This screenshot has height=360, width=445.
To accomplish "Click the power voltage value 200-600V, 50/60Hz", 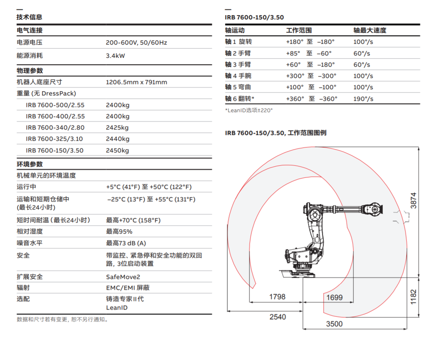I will click(136, 43).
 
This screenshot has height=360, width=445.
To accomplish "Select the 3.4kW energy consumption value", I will click(115, 56).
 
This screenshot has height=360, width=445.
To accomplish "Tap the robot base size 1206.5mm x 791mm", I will click(136, 82).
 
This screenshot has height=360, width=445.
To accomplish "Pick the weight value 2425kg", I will click(118, 128).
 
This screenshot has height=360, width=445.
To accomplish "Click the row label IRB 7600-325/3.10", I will click(54, 139).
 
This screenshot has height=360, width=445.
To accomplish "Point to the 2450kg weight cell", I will click(118, 151).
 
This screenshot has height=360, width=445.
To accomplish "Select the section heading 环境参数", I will click(29, 164).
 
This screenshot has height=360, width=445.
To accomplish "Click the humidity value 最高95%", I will click(119, 232).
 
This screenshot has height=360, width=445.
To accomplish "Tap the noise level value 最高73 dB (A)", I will click(126, 243).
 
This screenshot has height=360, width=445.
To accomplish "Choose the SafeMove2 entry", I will click(123, 277).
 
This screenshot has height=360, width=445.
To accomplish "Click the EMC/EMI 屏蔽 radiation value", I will click(128, 288).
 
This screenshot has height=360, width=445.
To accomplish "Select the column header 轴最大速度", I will click(370, 30).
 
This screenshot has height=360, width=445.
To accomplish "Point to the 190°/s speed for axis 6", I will click(363, 99).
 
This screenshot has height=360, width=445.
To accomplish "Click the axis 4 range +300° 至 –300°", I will click(311, 76).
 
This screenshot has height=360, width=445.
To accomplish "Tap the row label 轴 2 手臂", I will click(238, 53).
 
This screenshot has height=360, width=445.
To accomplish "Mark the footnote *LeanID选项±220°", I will click(249, 111).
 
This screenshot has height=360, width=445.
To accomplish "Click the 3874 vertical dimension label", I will click(414, 201).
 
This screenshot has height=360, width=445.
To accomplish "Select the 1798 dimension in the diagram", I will click(277, 297).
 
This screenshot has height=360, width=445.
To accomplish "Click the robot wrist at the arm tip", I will click(374, 208).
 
